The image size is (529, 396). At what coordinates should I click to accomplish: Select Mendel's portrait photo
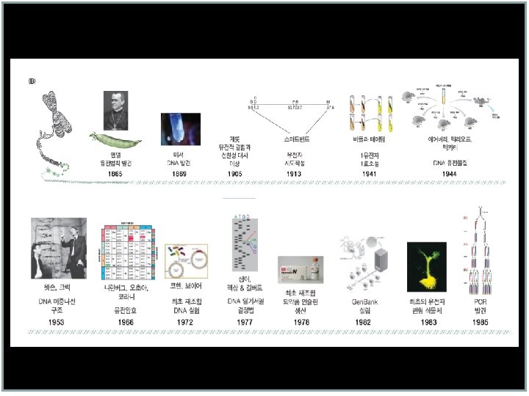click(119, 109)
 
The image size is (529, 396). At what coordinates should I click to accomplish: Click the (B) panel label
click(32, 81)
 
